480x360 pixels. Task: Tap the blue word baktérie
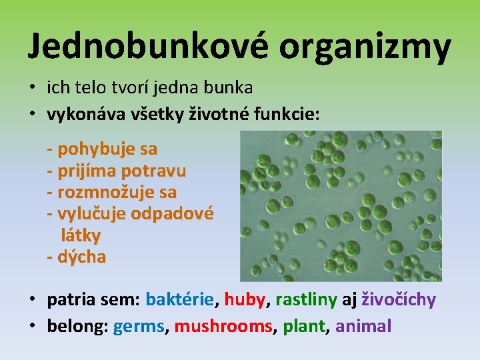point(180,299)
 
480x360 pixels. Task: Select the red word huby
point(244,299)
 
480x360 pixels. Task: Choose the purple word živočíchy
point(399,299)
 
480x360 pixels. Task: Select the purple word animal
point(363,326)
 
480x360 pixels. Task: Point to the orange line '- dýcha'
point(77,257)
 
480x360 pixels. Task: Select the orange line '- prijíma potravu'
point(117,171)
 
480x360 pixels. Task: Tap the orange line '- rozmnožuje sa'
point(112,192)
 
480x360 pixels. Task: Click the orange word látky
point(81,235)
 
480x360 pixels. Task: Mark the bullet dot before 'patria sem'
point(32,300)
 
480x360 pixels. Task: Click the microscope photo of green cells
point(340,205)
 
